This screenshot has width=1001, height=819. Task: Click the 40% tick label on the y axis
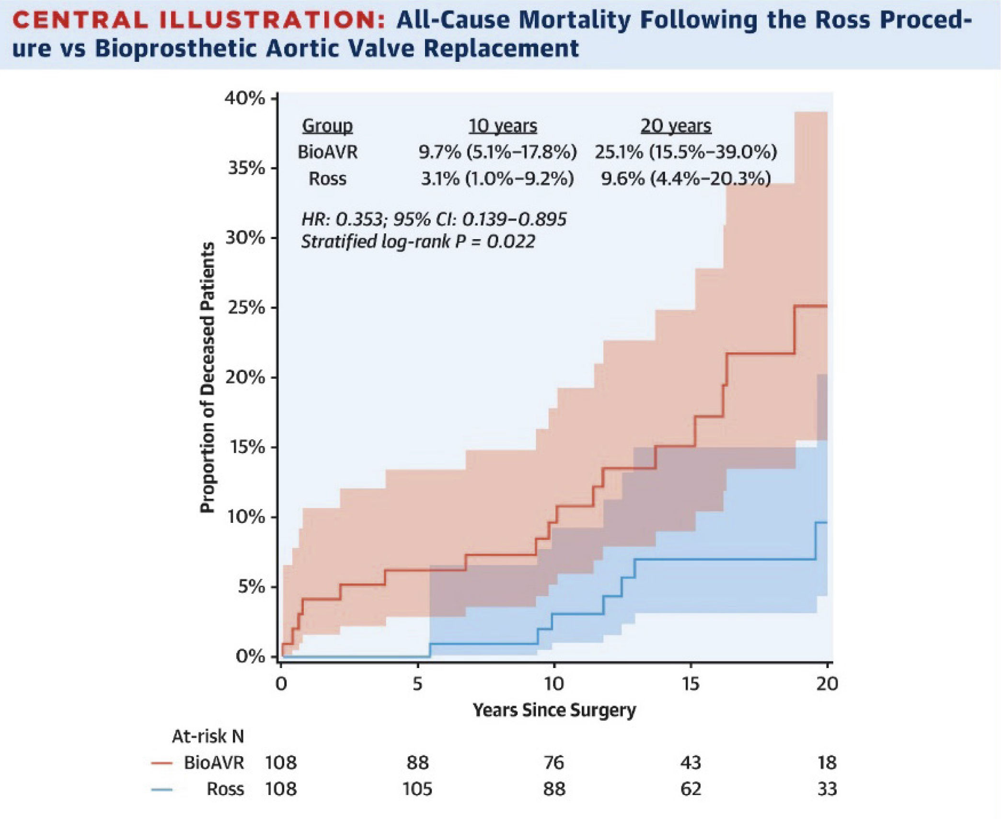[244, 99]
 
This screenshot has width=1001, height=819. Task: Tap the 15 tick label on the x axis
[690, 683]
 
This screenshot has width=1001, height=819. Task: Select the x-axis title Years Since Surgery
[554, 710]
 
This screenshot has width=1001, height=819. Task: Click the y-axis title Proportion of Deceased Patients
[207, 377]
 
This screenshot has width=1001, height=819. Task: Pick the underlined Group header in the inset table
[327, 126]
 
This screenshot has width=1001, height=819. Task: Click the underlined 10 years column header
[503, 126]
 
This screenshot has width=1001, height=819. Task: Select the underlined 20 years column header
[676, 126]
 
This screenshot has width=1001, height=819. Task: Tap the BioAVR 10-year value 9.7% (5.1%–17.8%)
[497, 152]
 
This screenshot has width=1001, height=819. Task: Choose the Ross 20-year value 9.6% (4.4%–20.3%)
[686, 179]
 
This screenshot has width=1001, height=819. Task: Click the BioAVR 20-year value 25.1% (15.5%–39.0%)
[686, 152]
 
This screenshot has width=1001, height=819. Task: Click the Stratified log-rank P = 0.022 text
[418, 242]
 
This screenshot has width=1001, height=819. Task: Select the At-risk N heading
[208, 737]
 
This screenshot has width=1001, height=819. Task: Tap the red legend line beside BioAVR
[161, 763]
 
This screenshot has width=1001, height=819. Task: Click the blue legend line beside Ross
[161, 789]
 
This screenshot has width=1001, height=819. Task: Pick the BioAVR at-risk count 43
[690, 762]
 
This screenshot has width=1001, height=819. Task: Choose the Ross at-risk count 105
[417, 789]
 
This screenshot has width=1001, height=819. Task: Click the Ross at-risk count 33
[827, 789]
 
